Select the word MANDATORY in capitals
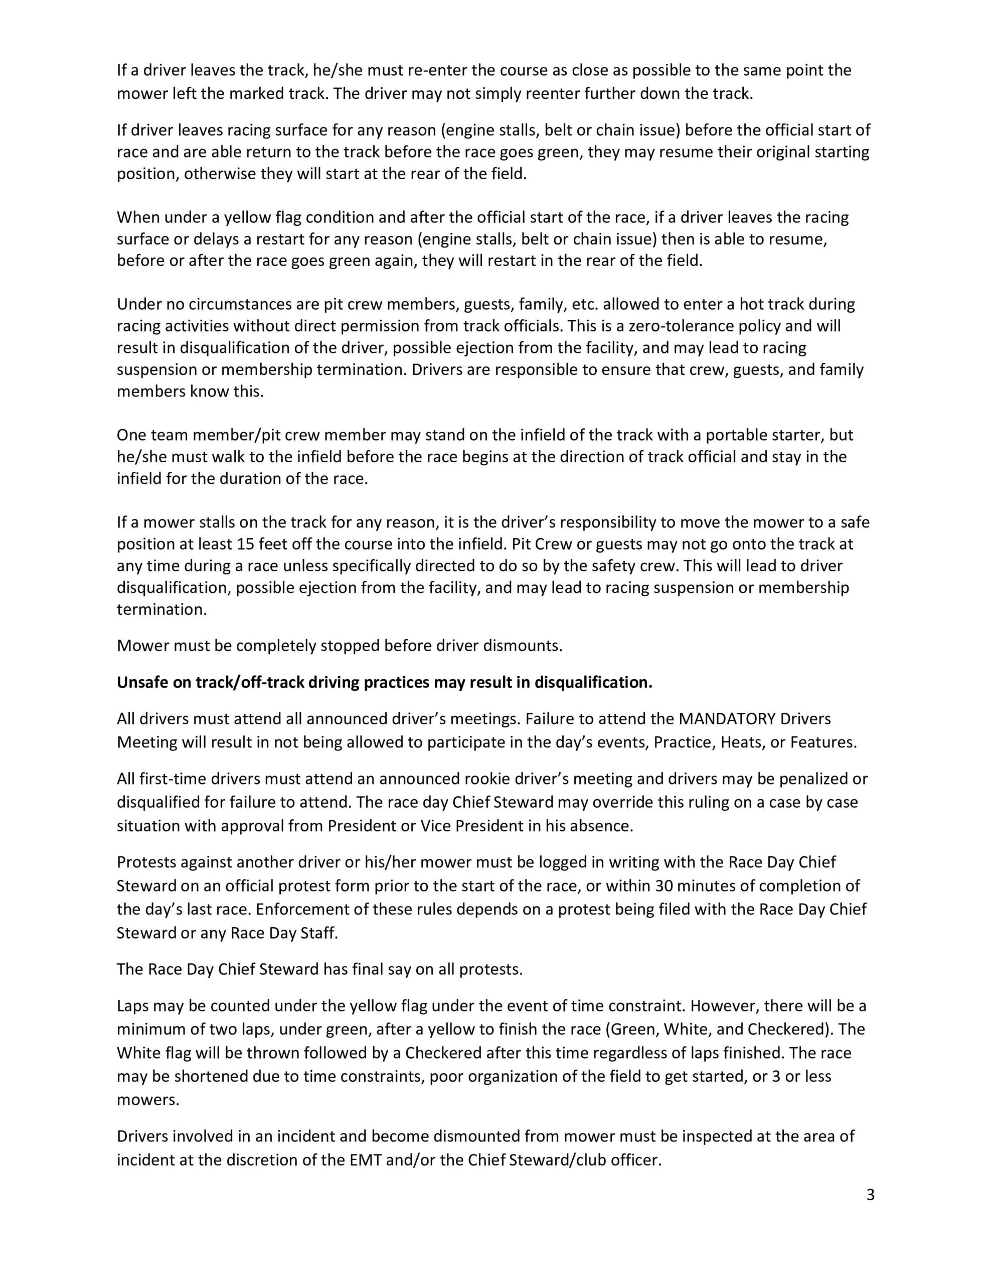(727, 719)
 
